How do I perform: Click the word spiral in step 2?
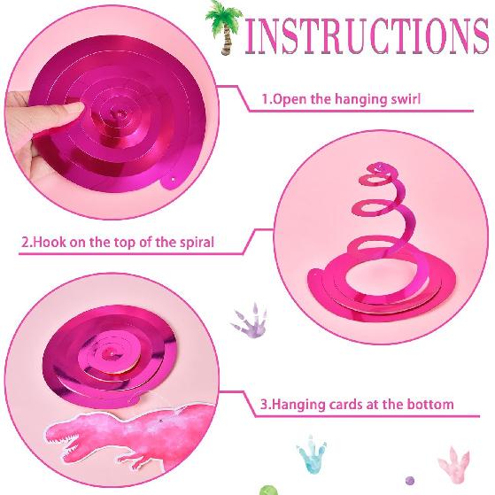click(194, 242)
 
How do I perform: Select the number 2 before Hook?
click(24, 242)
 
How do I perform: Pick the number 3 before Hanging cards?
click(264, 405)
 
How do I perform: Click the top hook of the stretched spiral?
click(378, 167)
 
